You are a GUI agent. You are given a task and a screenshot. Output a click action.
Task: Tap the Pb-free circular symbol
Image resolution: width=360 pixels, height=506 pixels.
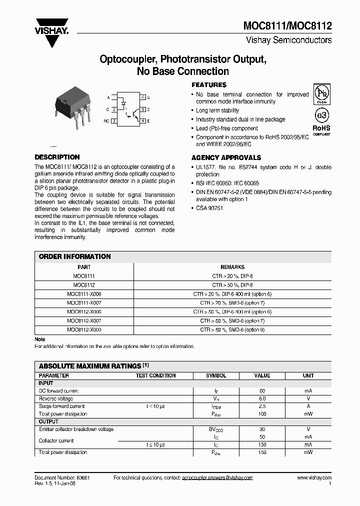pyautogui.click(x=321, y=93)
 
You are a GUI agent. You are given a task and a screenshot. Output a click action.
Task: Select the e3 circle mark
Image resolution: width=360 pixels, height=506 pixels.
pyautogui.click(x=321, y=114)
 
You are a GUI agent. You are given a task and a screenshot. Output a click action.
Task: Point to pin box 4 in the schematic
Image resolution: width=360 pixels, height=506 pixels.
pyautogui.click(x=142, y=121)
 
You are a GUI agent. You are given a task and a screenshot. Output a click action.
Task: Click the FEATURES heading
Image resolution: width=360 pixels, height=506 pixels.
pyautogui.click(x=209, y=85)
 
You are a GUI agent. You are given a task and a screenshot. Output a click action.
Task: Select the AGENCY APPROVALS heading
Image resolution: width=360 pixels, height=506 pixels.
pyautogui.click(x=226, y=157)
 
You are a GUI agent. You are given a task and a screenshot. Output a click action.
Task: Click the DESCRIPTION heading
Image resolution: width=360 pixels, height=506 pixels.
pyautogui.click(x=57, y=157)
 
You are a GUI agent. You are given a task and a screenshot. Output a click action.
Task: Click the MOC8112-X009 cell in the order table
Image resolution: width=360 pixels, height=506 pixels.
pyautogui.click(x=84, y=329)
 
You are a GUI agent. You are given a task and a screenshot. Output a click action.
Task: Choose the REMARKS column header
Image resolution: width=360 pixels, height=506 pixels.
pyautogui.click(x=232, y=267)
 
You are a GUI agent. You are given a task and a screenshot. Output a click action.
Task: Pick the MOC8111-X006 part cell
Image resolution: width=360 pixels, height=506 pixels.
pyautogui.click(x=84, y=294)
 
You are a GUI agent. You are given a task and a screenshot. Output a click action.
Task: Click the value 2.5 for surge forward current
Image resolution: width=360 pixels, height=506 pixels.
pyautogui.click(x=262, y=406)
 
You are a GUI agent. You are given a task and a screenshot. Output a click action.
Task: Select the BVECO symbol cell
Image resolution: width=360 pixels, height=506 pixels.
pyautogui.click(x=216, y=429)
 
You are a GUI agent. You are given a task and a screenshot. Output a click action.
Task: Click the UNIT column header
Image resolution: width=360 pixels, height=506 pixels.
pyautogui.click(x=308, y=375)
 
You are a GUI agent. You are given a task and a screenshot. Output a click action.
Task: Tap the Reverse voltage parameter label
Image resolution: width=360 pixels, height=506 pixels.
pyautogui.click(x=56, y=398)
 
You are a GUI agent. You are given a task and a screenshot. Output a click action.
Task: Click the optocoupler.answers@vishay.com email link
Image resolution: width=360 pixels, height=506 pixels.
pyautogui.click(x=217, y=478)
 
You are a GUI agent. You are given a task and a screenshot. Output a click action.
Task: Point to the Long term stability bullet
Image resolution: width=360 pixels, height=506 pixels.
pyautogui.click(x=217, y=110)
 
